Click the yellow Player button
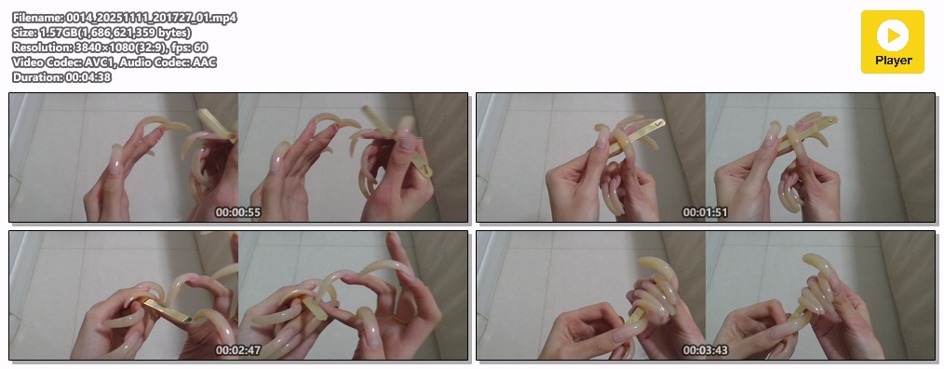click(892, 42)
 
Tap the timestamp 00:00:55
click(237, 212)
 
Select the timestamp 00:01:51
click(705, 212)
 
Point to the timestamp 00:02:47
click(237, 349)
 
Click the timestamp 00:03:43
click(705, 349)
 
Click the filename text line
click(125, 18)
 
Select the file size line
click(101, 33)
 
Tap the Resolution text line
click(110, 47)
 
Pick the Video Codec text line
click(115, 62)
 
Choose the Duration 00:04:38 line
click(61, 77)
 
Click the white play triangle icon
click(893, 34)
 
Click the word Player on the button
click(894, 61)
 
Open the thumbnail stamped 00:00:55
click(237, 157)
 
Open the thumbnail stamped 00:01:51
click(705, 157)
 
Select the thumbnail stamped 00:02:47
click(237, 294)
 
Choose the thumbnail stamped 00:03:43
click(705, 294)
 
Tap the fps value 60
click(201, 47)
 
